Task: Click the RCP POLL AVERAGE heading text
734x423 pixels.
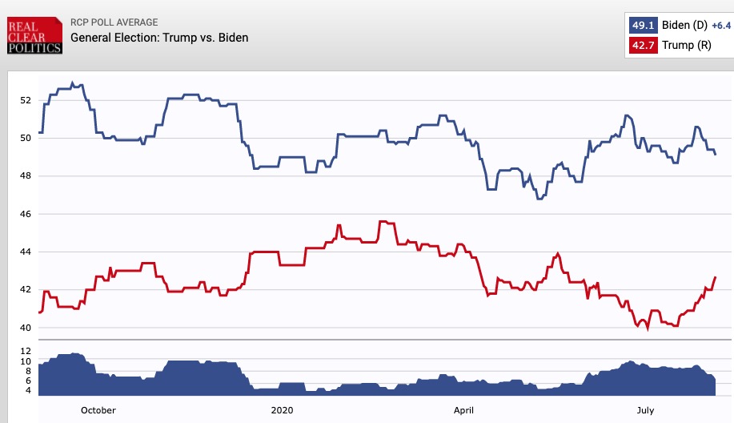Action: point(114,22)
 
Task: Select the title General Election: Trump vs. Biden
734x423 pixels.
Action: point(159,38)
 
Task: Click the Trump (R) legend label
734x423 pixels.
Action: point(687,46)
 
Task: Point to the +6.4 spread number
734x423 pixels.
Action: point(722,26)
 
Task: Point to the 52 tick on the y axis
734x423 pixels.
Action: point(25,100)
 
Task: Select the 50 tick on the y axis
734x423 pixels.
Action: point(25,138)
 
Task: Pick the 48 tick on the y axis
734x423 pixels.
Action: point(25,176)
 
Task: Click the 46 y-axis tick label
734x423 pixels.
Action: point(25,214)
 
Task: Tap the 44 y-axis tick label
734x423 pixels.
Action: point(25,252)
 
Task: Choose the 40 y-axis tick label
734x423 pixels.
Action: point(25,328)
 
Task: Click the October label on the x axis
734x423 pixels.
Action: point(98,410)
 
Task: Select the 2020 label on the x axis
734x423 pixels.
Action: point(282,410)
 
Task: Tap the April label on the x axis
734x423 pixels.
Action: point(464,410)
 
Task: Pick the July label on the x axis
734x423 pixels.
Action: point(645,410)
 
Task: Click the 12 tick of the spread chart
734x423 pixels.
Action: point(25,352)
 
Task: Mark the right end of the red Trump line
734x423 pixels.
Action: point(715,277)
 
